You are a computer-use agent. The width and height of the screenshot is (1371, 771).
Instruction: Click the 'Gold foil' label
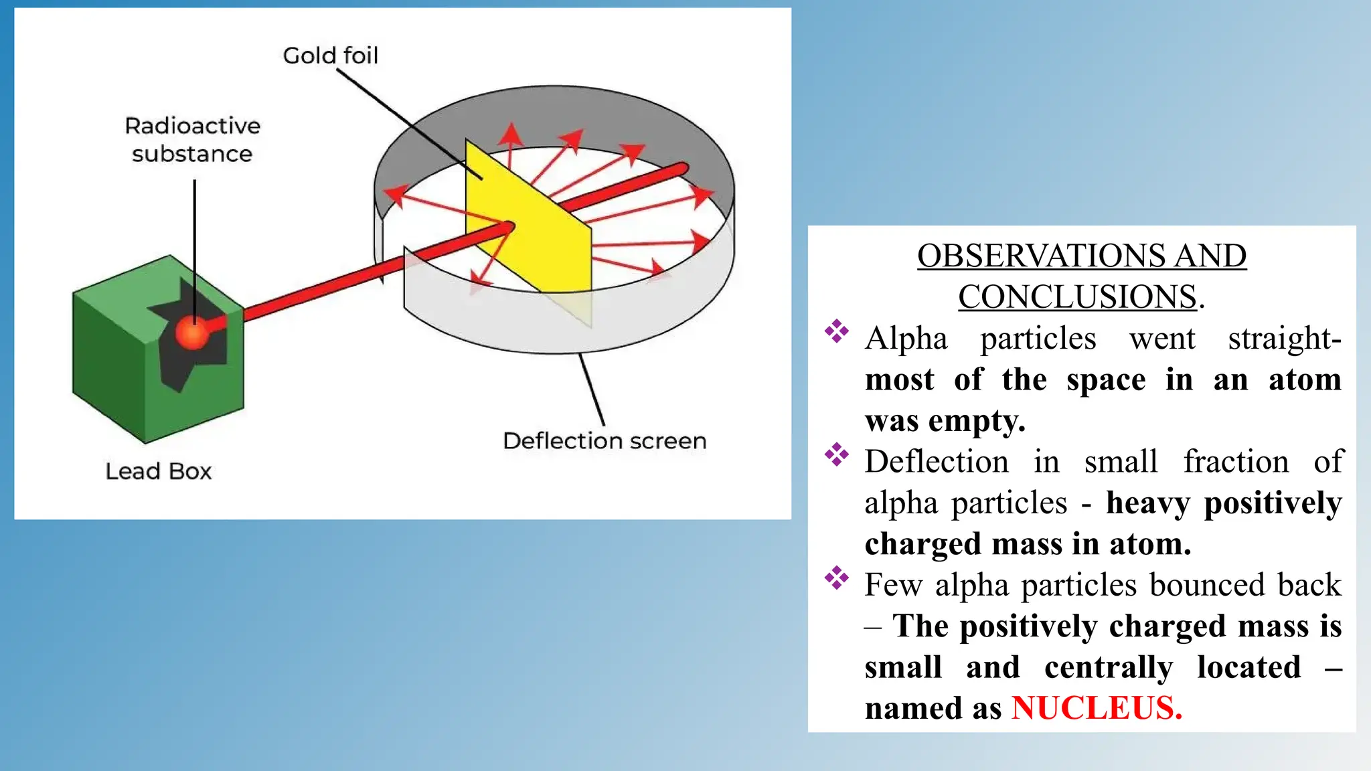tap(330, 55)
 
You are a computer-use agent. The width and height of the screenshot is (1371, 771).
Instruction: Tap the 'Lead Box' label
tap(158, 471)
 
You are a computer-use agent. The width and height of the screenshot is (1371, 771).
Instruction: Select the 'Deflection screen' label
tap(604, 440)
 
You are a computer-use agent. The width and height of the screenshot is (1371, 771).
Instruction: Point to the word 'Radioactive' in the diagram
tap(192, 126)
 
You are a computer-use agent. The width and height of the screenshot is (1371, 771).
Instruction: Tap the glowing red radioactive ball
tap(193, 333)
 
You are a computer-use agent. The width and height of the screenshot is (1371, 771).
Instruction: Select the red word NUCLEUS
tap(1097, 708)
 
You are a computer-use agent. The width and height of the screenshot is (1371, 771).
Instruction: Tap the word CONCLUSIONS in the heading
tap(1077, 296)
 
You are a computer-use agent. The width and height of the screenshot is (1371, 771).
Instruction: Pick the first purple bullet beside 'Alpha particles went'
tap(836, 331)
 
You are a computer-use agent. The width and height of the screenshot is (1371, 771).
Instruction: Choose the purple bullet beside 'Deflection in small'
tap(836, 454)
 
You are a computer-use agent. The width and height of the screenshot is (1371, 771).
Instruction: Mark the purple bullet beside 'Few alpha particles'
tap(836, 578)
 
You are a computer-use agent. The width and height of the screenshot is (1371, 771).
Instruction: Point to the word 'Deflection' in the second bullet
tap(936, 462)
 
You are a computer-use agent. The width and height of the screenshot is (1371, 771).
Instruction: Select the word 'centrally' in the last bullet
tap(1108, 667)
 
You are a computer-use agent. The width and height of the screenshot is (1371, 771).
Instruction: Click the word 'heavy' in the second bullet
tap(1147, 503)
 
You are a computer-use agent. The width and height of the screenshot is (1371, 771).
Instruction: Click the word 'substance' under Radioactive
tap(192, 154)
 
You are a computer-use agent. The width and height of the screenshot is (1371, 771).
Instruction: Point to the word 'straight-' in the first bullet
tap(1284, 339)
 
